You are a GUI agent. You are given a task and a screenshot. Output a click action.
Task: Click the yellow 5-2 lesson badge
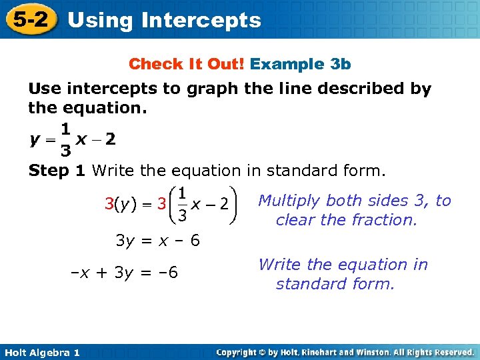pos(30,19)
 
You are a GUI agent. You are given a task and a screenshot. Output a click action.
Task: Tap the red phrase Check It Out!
pos(187,64)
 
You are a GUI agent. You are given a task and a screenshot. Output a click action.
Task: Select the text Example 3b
pos(301,64)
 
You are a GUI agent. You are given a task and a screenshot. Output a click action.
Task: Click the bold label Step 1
pos(57,171)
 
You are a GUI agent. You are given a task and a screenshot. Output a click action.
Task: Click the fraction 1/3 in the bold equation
pos(65,140)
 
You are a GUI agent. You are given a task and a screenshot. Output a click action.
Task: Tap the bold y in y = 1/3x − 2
pos(34,140)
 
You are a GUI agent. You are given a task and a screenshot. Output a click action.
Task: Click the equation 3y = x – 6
pos(157,241)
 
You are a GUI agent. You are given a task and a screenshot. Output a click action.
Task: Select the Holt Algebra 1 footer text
pos(41,352)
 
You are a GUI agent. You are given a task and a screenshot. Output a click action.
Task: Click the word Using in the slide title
pos(100,20)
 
